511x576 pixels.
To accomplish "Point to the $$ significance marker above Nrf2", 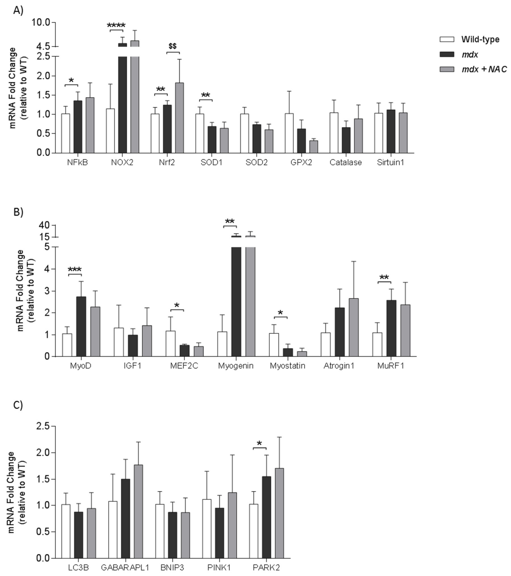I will [173, 46].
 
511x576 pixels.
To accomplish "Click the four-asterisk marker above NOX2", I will [116, 25].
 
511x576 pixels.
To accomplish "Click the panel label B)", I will [18, 212].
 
